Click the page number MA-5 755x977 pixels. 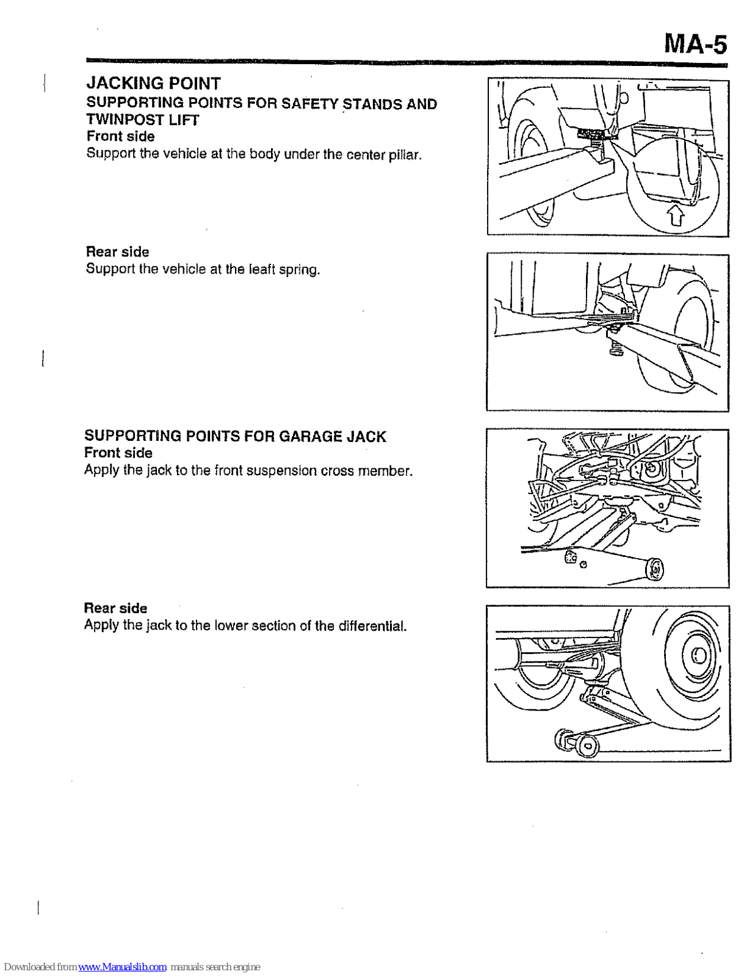click(x=695, y=44)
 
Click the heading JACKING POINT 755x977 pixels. click(x=153, y=83)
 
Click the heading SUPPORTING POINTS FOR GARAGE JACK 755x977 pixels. click(x=235, y=436)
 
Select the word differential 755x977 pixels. click(x=372, y=626)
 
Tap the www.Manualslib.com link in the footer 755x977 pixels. click(x=122, y=967)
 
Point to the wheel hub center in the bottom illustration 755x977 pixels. click(x=699, y=656)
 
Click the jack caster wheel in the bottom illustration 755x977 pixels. click(x=587, y=745)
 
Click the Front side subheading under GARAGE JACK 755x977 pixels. click(x=118, y=453)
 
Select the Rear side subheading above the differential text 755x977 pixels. click(x=115, y=608)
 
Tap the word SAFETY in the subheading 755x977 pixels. click(x=309, y=104)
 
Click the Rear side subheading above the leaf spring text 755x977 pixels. click(x=117, y=252)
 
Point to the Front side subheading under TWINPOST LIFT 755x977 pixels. click(x=120, y=136)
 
